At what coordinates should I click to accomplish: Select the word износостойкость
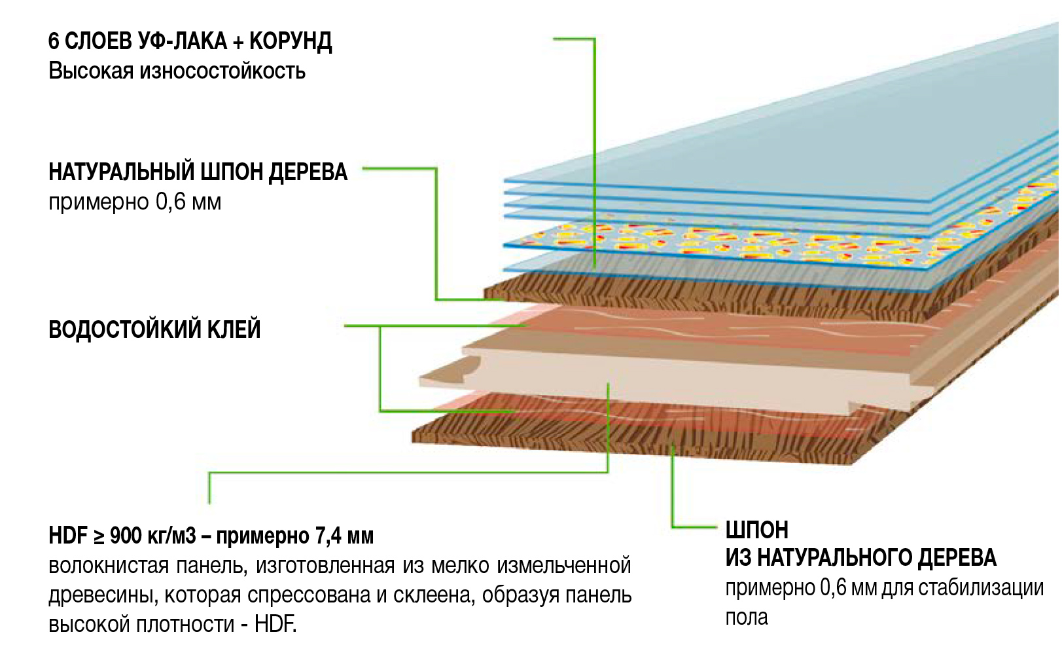(222, 71)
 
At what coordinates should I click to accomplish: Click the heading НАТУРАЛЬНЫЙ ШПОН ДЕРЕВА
(198, 172)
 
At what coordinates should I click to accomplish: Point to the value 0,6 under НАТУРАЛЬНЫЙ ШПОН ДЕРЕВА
(170, 202)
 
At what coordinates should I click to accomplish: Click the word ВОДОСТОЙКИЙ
(124, 329)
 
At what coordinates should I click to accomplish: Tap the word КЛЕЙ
(234, 329)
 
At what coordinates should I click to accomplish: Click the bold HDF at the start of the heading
(68, 536)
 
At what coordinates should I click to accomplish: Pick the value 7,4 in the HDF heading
(328, 536)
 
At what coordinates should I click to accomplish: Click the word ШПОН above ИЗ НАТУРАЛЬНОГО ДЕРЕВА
(756, 529)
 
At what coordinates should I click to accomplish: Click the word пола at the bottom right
(746, 617)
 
